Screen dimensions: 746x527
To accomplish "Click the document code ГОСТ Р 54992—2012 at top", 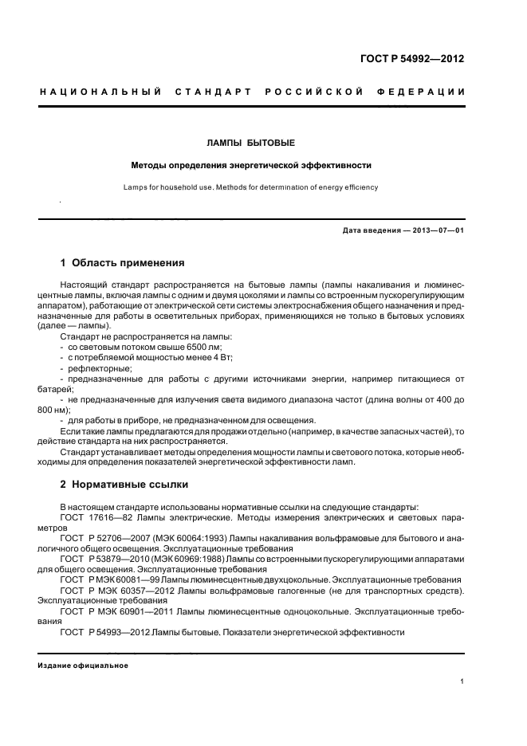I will coord(413,59).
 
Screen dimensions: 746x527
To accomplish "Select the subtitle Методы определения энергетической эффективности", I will coord(252,166).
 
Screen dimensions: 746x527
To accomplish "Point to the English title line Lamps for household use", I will coord(251,187).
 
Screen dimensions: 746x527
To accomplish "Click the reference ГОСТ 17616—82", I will coord(95,517).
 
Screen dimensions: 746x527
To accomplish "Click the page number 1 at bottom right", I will coord(462,681).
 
